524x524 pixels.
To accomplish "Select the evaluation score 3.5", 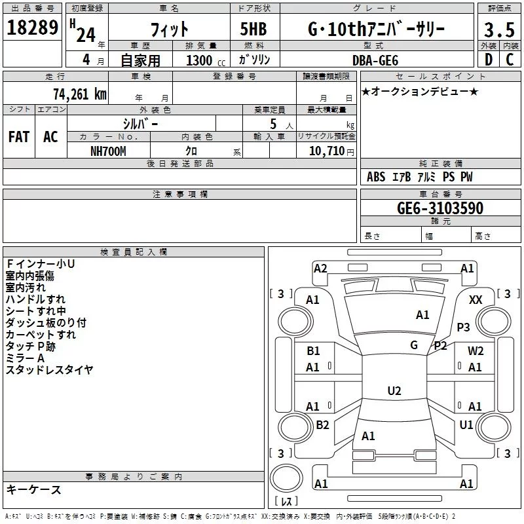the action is [x=499, y=30].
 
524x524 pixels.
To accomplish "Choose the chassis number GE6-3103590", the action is [x=440, y=208].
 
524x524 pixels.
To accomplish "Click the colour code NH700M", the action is [x=108, y=151].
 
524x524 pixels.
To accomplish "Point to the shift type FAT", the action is [x=18, y=137].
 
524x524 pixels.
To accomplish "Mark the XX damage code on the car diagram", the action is [x=476, y=299].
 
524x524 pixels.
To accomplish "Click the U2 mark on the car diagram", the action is [x=394, y=391].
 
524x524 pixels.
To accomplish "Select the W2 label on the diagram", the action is [x=476, y=350].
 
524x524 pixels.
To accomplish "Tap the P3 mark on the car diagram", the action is [x=464, y=327].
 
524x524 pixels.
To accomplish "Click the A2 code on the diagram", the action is [x=320, y=268].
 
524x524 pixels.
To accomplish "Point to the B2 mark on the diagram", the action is [x=322, y=425].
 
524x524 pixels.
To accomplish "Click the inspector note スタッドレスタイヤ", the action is [x=49, y=370].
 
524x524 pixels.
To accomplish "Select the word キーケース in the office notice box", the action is [x=33, y=489].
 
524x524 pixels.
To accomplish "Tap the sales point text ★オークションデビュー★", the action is [x=420, y=91].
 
